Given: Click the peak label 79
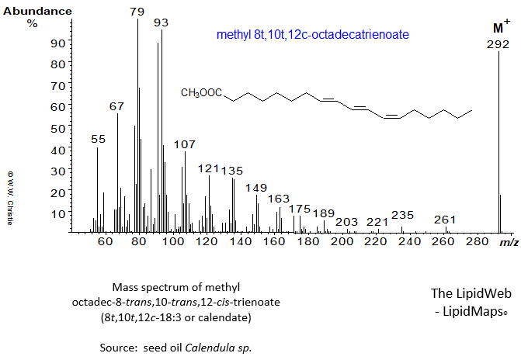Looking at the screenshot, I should click(137, 12).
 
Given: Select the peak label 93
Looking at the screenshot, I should click(161, 23).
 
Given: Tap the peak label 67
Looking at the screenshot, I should click(116, 106).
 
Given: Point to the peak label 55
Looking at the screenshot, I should click(98, 139).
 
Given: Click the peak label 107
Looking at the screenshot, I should click(185, 144).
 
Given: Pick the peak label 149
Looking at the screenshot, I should click(255, 188).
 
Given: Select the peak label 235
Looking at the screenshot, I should click(402, 215).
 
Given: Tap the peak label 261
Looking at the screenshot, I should click(445, 220).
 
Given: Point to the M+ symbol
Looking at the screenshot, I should click(501, 28).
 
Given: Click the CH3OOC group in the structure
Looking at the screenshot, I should click(200, 93).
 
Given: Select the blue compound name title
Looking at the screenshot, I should click(313, 35).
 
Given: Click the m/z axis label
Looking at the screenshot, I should click(509, 243).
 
